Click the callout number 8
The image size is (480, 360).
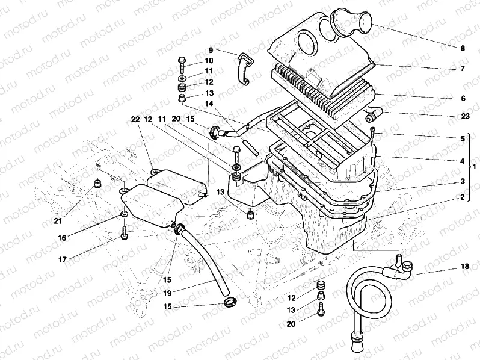462,48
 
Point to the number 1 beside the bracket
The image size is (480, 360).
475,166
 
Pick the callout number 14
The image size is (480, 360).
209,104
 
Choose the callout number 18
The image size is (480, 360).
464,266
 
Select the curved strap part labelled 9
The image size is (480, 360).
244,69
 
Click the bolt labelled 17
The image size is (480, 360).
125,232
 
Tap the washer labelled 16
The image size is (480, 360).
123,214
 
